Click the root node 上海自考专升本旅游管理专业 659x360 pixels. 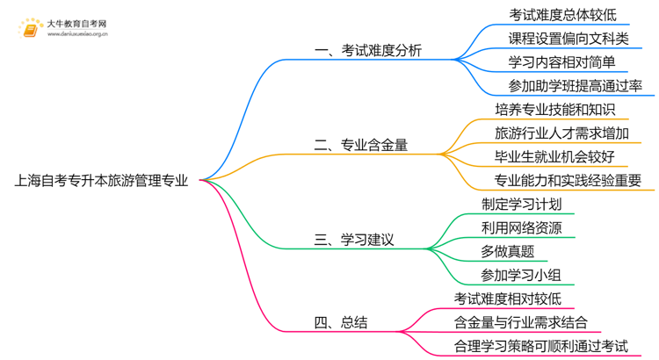click(x=100, y=182)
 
